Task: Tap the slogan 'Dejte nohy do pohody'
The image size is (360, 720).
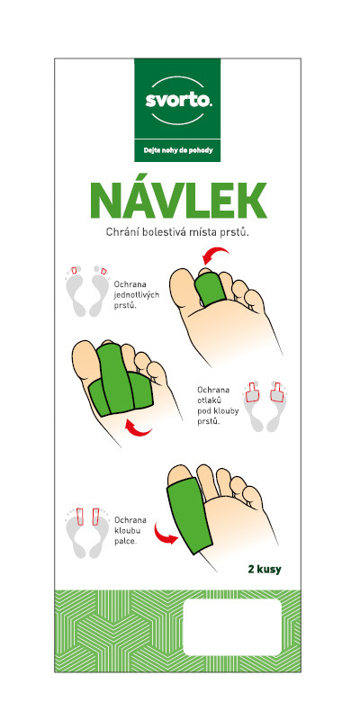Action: click(177, 149)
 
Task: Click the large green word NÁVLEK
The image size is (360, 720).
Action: click(180, 202)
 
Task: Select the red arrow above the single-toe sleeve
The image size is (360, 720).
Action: click(215, 256)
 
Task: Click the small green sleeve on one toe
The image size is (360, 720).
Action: click(210, 289)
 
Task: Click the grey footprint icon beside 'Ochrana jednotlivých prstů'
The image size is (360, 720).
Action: click(87, 291)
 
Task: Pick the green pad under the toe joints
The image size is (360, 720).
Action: click(121, 380)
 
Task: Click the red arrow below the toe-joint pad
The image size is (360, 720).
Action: click(139, 428)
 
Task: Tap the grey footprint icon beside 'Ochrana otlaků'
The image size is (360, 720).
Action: click(265, 406)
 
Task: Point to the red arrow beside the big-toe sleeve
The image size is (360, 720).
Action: click(166, 535)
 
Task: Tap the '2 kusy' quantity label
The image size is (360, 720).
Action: click(264, 571)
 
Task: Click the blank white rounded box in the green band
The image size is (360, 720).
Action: click(232, 627)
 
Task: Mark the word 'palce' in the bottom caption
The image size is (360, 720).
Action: click(125, 541)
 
